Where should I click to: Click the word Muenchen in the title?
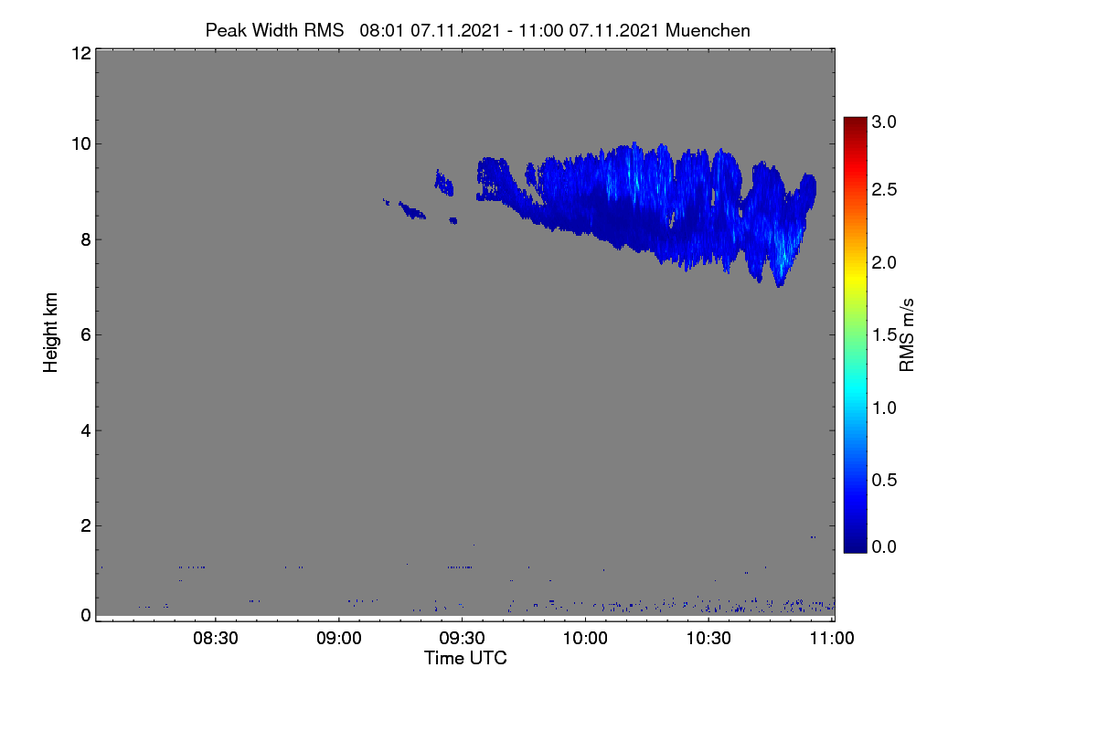(x=708, y=30)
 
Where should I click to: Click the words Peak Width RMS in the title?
(x=274, y=30)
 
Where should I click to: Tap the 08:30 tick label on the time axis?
(x=216, y=638)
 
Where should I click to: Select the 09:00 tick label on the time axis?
(x=339, y=638)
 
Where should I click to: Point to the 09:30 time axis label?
(x=462, y=638)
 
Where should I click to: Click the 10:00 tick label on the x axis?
(x=585, y=638)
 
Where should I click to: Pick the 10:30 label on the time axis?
(x=708, y=638)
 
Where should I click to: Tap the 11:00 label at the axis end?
(x=832, y=638)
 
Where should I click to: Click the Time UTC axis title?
(x=465, y=658)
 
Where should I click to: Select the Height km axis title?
(x=50, y=333)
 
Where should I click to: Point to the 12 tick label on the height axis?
(x=81, y=53)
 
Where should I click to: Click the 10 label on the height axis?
(x=81, y=144)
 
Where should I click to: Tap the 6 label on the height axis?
(x=86, y=335)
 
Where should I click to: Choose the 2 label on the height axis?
(x=86, y=525)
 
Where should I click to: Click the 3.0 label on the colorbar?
(x=884, y=122)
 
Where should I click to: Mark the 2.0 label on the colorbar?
(x=884, y=263)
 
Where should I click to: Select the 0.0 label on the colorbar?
(x=884, y=546)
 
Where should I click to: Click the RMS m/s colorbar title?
(x=907, y=335)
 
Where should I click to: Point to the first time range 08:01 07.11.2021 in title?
(x=430, y=30)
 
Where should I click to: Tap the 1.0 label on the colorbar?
(x=884, y=408)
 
